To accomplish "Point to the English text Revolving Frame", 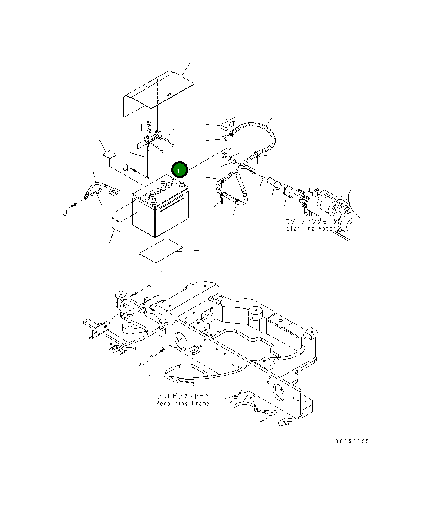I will point(182,403).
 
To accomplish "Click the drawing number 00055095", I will point(352,441).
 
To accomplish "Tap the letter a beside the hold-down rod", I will point(125,168).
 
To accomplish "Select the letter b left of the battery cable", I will point(65,211).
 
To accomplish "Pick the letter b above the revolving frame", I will point(149,288).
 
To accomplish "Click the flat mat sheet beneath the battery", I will point(160,250).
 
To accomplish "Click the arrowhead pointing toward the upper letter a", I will point(134,169).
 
